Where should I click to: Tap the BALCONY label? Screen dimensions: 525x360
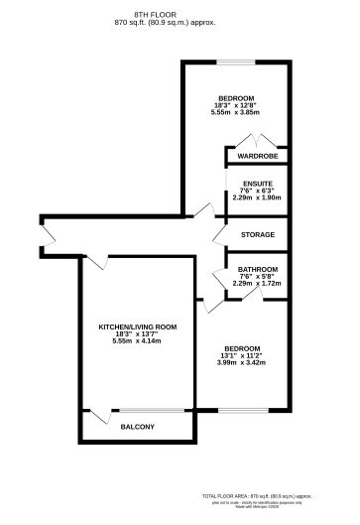(x=137, y=427)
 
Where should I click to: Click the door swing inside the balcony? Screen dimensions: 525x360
(x=96, y=419)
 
